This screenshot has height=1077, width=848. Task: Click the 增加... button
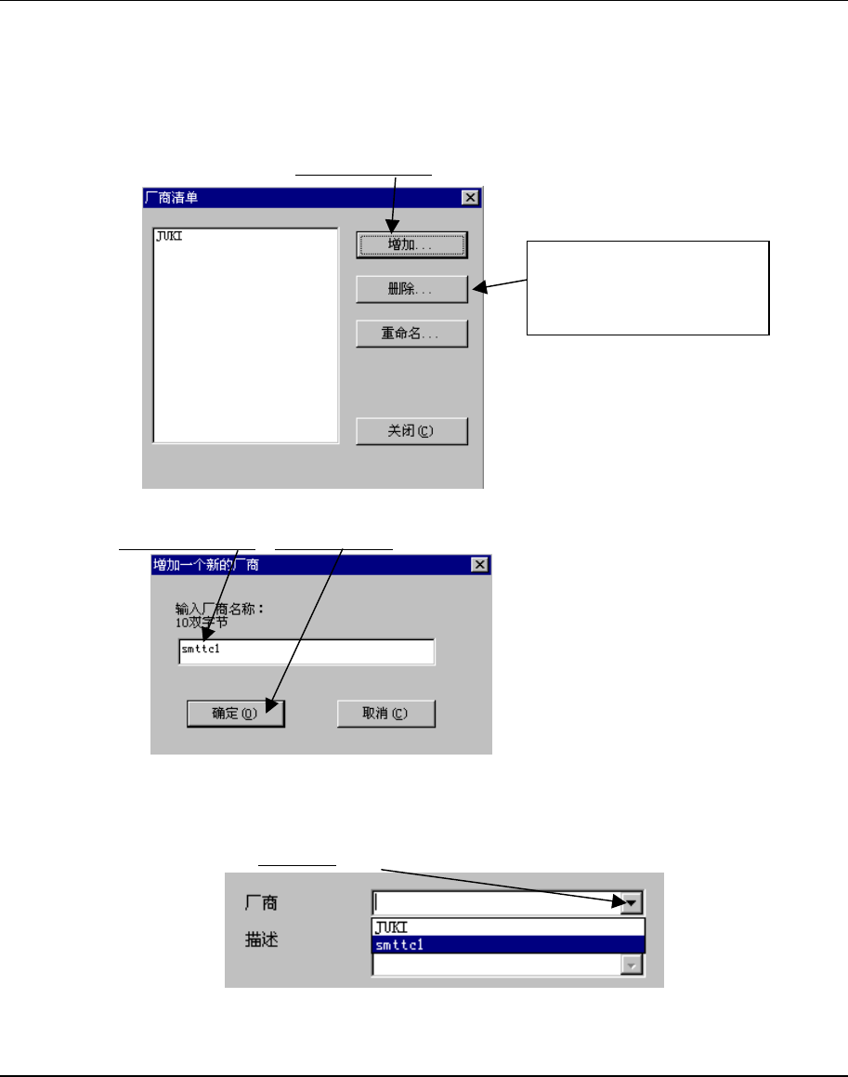tap(411, 244)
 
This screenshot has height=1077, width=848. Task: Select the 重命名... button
tap(411, 333)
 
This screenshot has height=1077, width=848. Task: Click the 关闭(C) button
tap(411, 431)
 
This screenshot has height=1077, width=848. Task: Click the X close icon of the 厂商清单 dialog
tap(470, 197)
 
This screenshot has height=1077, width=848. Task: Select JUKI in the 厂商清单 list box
tap(168, 237)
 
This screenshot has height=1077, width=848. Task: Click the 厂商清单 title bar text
tap(172, 197)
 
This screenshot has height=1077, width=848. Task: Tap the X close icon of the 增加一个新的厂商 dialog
tap(479, 564)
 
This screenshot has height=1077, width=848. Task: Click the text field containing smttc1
tap(307, 651)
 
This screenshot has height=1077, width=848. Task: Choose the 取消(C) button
tap(385, 714)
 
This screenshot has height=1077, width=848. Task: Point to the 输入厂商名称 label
tap(220, 610)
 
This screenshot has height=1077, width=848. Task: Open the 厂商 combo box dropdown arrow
tap(633, 901)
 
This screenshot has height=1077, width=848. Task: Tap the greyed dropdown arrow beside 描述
tap(633, 966)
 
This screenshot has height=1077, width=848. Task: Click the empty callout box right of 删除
tap(648, 287)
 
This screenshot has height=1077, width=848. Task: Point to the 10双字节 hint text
tap(203, 623)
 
